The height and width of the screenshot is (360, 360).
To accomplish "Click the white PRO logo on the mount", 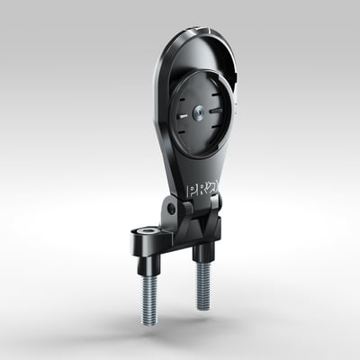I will coord(200,190).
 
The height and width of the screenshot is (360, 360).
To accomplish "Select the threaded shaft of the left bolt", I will coord(148,298).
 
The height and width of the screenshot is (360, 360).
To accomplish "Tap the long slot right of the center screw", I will coord(215,109).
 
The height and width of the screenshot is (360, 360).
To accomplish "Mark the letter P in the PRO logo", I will coord(191,192).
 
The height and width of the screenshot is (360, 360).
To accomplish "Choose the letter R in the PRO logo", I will coord(200,190).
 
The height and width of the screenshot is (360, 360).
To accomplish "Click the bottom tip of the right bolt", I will coord(204,308).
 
